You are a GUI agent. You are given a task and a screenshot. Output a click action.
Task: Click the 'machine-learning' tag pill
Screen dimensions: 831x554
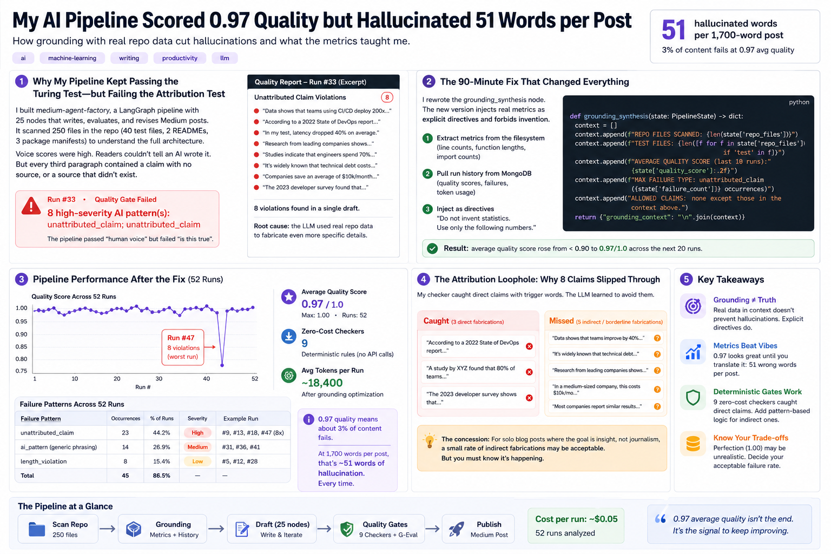click(72, 58)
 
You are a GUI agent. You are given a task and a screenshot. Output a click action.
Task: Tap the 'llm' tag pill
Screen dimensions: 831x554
click(225, 58)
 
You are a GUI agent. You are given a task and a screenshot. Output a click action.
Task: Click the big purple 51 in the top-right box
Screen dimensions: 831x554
click(674, 30)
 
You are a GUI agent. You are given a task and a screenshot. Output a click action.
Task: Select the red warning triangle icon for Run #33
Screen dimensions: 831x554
click(31, 206)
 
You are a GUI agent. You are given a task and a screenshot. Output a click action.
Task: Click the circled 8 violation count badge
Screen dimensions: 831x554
click(387, 97)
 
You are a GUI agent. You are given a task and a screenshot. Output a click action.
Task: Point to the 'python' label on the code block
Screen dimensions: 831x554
click(799, 102)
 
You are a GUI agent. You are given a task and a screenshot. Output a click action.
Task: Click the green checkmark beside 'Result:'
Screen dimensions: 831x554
click(432, 248)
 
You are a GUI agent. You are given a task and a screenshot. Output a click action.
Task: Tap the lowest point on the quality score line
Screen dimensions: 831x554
click(222, 365)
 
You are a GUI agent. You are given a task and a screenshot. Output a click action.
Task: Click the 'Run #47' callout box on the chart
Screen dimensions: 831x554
click(183, 347)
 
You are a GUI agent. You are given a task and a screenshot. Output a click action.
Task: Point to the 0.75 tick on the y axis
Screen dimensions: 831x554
click(21, 371)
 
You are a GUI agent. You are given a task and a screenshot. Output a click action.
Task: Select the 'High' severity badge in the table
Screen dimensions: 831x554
click(197, 433)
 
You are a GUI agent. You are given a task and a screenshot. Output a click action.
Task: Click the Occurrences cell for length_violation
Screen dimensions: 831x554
click(126, 461)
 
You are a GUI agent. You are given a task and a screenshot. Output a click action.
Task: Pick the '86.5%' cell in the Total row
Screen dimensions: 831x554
click(161, 476)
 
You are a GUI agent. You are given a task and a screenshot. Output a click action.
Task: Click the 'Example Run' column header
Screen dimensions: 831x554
click(240, 419)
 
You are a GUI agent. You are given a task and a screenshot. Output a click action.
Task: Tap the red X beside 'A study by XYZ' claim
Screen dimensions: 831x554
click(530, 372)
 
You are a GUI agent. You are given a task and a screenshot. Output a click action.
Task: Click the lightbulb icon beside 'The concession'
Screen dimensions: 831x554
click(429, 441)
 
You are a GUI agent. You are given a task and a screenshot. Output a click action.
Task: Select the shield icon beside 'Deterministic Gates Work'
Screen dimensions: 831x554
click(692, 398)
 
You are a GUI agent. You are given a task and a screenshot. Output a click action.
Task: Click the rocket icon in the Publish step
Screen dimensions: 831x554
click(456, 529)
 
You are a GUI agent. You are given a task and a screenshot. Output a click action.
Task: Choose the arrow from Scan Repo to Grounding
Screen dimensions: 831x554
click(108, 529)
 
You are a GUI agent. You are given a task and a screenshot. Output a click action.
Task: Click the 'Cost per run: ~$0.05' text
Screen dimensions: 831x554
click(576, 519)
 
